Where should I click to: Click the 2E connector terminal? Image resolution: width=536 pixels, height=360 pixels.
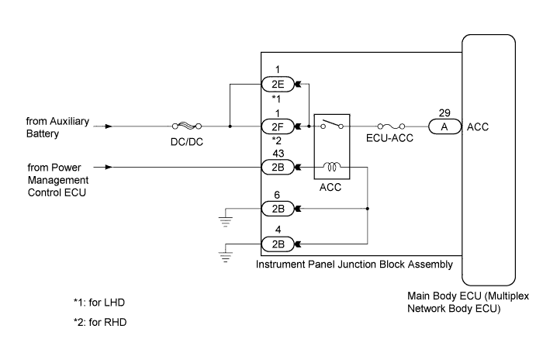[x=278, y=84]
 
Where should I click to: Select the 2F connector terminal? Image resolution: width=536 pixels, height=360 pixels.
[x=278, y=126]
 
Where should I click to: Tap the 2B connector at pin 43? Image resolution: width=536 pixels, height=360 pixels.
[x=278, y=167]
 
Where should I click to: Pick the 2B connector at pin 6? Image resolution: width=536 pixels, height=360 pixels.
[x=278, y=209]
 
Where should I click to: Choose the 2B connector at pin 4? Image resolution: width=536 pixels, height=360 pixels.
[x=278, y=244]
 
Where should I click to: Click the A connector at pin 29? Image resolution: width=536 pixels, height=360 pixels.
[x=444, y=126]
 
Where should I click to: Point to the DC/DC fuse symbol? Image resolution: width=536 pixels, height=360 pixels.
[x=187, y=126]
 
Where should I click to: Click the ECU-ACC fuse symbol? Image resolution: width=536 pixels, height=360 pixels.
[x=391, y=126]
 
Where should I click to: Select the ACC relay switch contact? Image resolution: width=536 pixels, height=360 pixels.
[x=332, y=124]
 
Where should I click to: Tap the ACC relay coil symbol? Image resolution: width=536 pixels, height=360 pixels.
[x=332, y=167]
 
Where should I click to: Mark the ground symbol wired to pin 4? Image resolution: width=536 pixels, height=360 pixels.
[x=225, y=257]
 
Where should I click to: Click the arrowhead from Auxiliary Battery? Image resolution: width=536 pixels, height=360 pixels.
[x=109, y=126]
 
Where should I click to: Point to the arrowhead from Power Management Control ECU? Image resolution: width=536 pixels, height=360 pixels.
[x=109, y=167]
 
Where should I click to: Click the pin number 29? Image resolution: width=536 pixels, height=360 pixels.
[x=444, y=112]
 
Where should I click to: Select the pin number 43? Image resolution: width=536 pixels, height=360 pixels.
[x=278, y=154]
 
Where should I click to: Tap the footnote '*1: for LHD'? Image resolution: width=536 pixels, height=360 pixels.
[x=99, y=303]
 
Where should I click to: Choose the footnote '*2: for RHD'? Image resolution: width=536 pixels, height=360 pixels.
[x=100, y=323]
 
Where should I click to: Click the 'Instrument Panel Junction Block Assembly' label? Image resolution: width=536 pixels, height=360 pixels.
[x=354, y=265]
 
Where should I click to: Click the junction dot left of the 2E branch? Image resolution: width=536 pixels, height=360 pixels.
[x=230, y=126]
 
